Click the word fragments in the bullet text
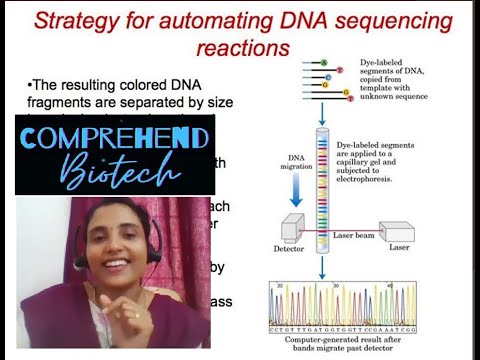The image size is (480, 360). click(66, 102)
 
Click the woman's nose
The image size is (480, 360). click(107, 257)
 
